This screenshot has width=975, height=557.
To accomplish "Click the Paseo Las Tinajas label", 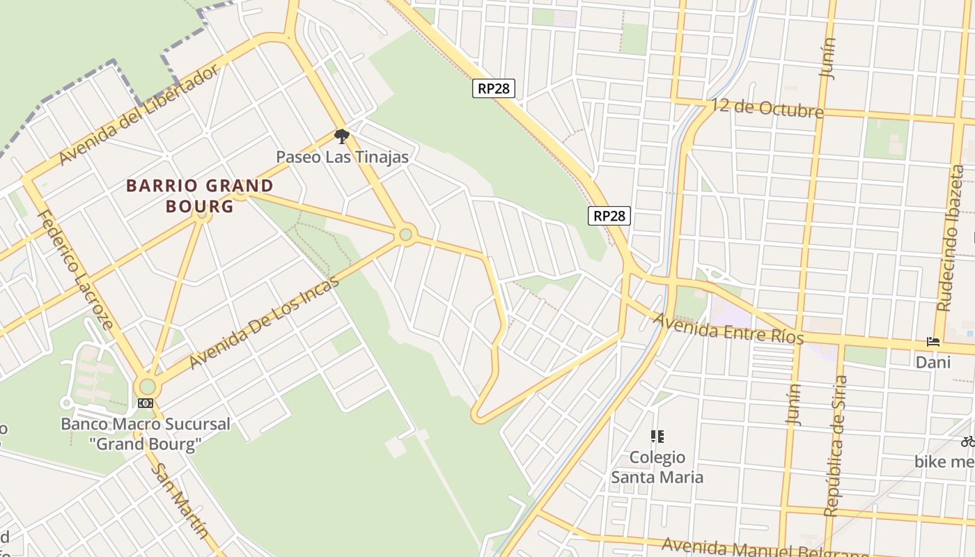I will [x=342, y=157].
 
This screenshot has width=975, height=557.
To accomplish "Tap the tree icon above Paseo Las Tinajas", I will [x=341, y=136].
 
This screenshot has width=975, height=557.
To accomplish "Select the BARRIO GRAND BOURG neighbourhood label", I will [x=200, y=196].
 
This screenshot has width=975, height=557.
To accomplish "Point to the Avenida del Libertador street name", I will [x=139, y=115].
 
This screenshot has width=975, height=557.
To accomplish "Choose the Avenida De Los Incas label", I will [x=264, y=322].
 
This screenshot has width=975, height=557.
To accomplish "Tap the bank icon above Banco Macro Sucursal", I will [x=145, y=403].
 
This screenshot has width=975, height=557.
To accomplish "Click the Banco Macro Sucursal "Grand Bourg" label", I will [x=145, y=434].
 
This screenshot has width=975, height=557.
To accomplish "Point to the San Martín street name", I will [x=180, y=501].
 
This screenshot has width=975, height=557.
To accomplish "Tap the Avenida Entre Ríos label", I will [x=729, y=329].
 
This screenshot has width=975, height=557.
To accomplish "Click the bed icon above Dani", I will [x=933, y=341].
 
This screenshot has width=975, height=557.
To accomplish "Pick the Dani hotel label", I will [x=933, y=362].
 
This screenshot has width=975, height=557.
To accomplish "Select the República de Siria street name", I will [x=836, y=446].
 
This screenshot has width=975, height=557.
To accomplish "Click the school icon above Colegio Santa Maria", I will [x=657, y=437].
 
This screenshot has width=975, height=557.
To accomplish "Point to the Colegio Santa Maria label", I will [x=657, y=467].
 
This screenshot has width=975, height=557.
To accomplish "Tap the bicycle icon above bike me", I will [x=968, y=441].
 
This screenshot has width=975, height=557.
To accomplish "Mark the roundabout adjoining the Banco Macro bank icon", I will [x=147, y=386].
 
